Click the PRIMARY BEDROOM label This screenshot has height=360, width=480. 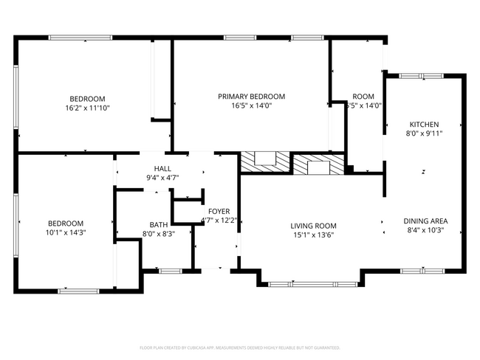pos(251,96)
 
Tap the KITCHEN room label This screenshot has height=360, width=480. pos(425,124)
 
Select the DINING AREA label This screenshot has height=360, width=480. pos(425,221)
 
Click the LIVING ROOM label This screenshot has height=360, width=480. pos(313,226)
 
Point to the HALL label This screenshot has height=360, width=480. pos(162,168)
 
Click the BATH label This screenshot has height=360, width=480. pos(158,224)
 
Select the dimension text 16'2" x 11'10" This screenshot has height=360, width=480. pos(87,108)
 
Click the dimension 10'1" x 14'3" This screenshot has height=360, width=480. pos(66,232)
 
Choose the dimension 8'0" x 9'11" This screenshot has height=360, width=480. pos(425,134)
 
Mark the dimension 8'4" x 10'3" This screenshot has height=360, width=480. pos(425,230)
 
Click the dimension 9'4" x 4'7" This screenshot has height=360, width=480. pos(162,177)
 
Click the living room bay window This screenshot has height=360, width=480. pos(310,283)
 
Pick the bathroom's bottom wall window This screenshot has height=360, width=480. pos(170,271)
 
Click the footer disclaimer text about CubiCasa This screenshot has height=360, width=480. pos(239,347)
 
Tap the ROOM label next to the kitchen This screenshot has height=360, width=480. pos(363,97)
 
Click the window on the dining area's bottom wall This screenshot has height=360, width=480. pos(422,270)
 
